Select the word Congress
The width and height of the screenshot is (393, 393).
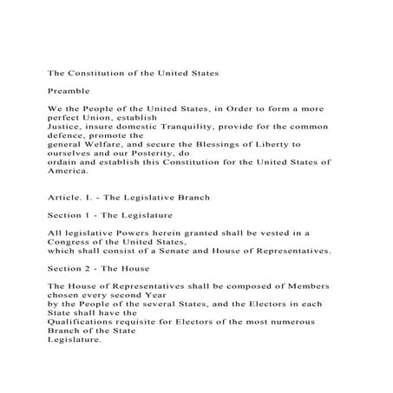pyautogui.click(x=82, y=244)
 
